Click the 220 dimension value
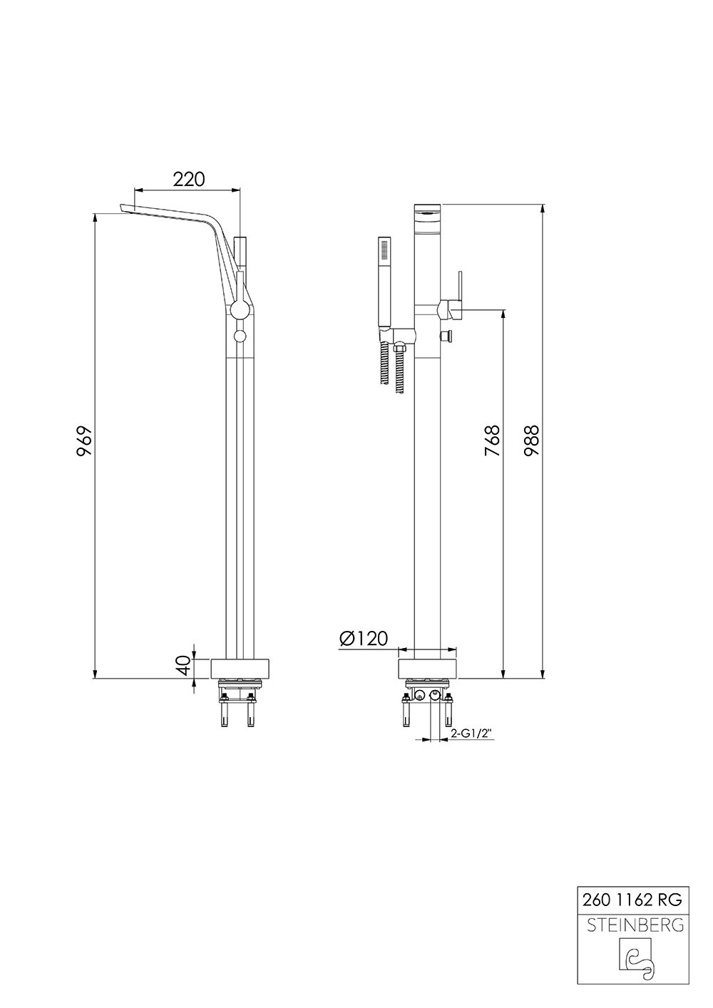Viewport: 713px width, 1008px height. pos(189,179)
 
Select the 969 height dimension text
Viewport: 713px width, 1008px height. pos(85,441)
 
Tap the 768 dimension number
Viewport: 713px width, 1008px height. pos(492,440)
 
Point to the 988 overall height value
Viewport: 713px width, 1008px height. pos(531,440)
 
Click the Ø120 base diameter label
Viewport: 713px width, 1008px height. pos(364,638)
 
